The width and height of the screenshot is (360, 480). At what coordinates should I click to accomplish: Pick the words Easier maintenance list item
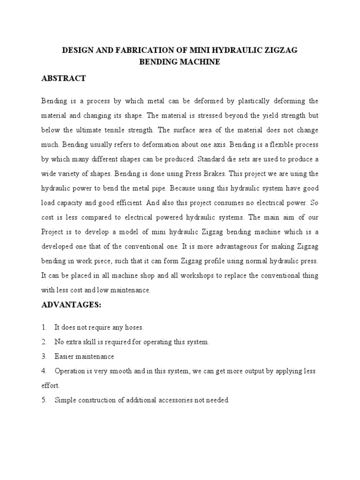[84, 357]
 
